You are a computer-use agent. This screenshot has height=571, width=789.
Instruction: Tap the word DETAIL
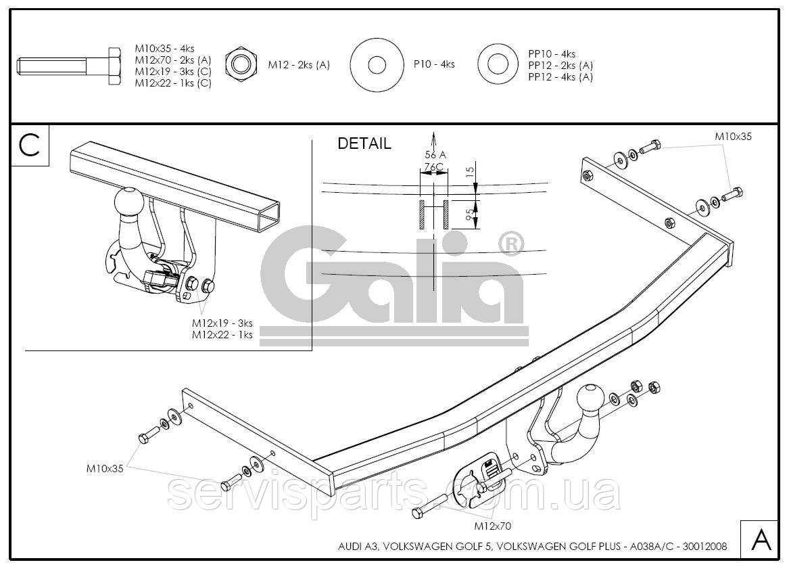pos(364,143)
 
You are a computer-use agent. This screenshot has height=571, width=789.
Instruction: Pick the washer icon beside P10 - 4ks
pos(377,65)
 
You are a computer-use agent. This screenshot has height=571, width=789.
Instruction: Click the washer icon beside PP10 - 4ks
pos(498,65)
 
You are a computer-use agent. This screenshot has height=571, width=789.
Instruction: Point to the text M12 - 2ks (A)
pos(299,65)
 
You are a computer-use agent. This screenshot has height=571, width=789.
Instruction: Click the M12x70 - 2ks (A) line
pos(172,60)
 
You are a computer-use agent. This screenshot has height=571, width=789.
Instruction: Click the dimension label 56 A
pos(435,155)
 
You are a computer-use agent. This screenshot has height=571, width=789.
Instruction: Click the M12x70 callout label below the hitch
pos(493,526)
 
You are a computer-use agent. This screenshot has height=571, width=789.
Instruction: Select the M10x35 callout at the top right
pos(733,137)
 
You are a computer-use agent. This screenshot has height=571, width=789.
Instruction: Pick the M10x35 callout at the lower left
pos(105,468)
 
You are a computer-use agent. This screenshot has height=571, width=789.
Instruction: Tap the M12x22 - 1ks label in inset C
pos(222,335)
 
